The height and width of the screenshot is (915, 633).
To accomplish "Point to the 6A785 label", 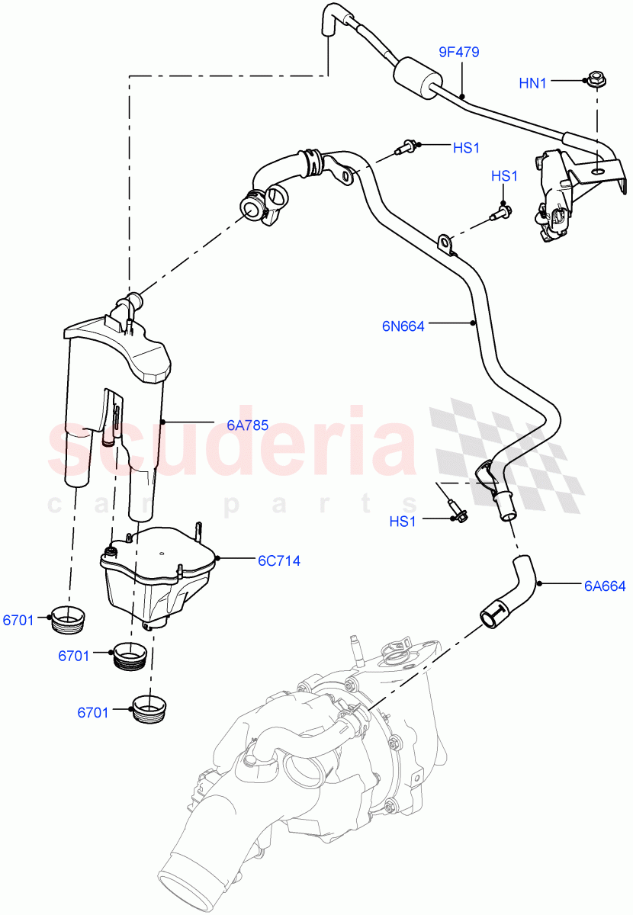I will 247,425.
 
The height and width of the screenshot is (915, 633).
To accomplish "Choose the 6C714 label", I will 278,560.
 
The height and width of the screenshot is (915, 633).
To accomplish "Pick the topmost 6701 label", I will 18,621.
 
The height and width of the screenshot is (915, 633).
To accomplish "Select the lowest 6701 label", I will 92,712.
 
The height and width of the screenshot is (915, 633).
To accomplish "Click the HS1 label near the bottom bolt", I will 403,522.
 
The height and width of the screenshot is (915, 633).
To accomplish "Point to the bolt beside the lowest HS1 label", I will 456,511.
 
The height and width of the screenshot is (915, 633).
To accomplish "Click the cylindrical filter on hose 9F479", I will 418,77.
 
